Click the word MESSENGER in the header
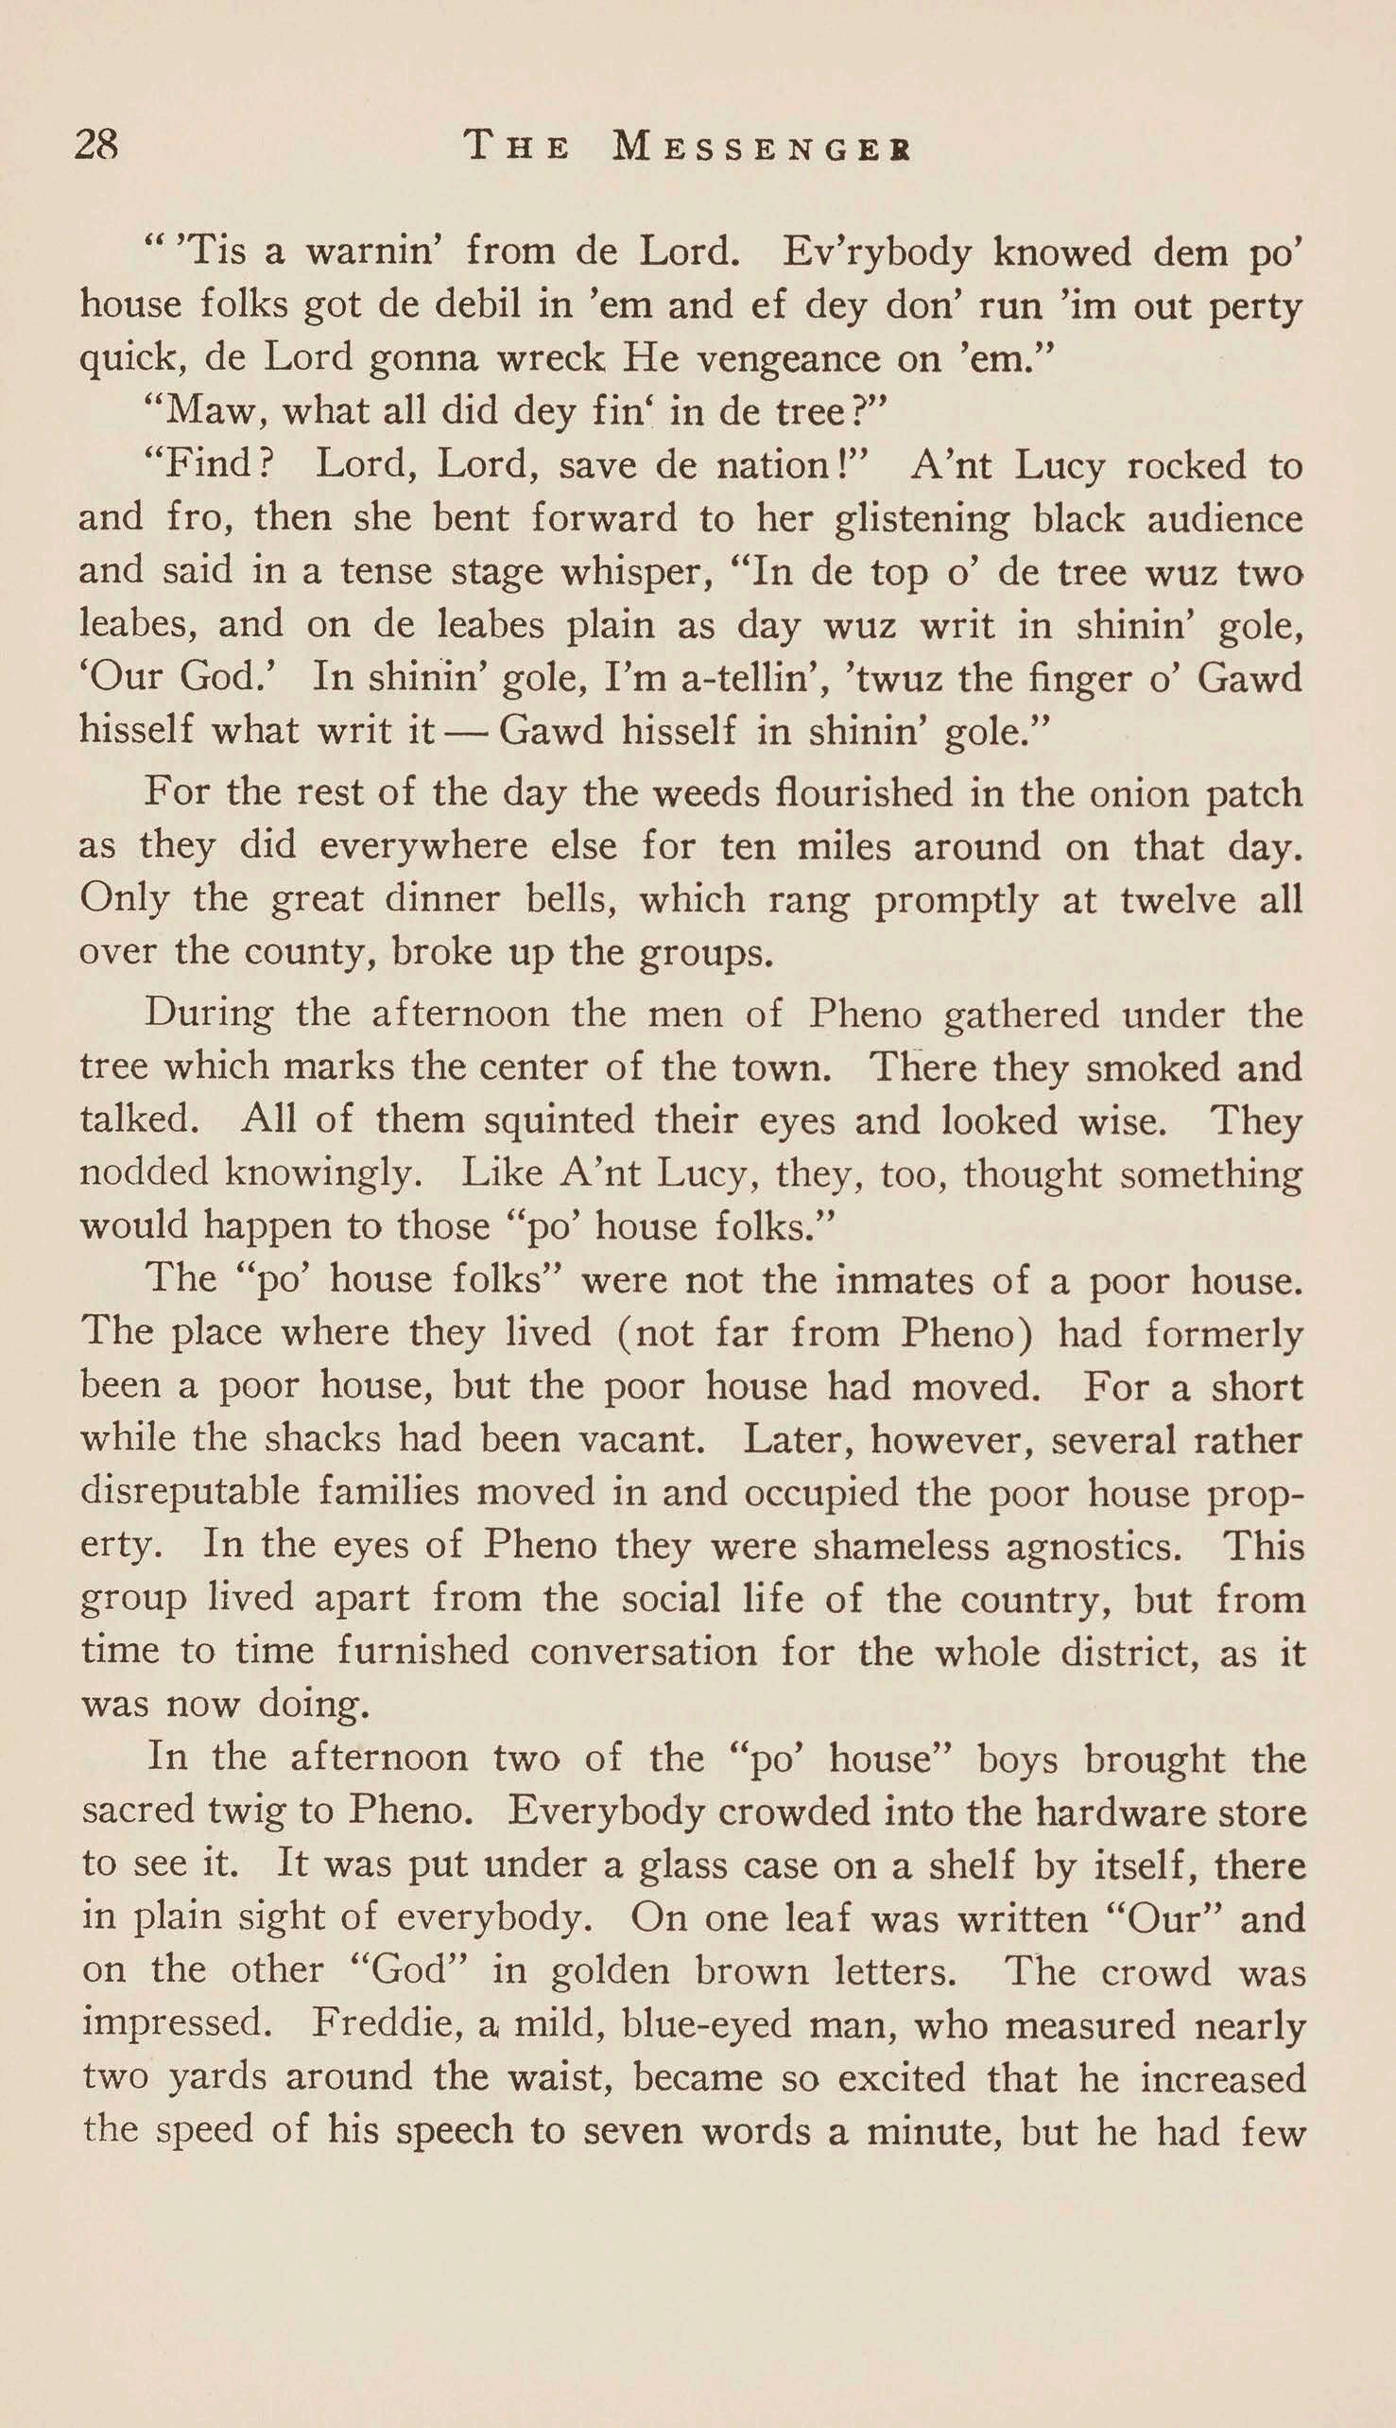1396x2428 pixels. pos(762,147)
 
